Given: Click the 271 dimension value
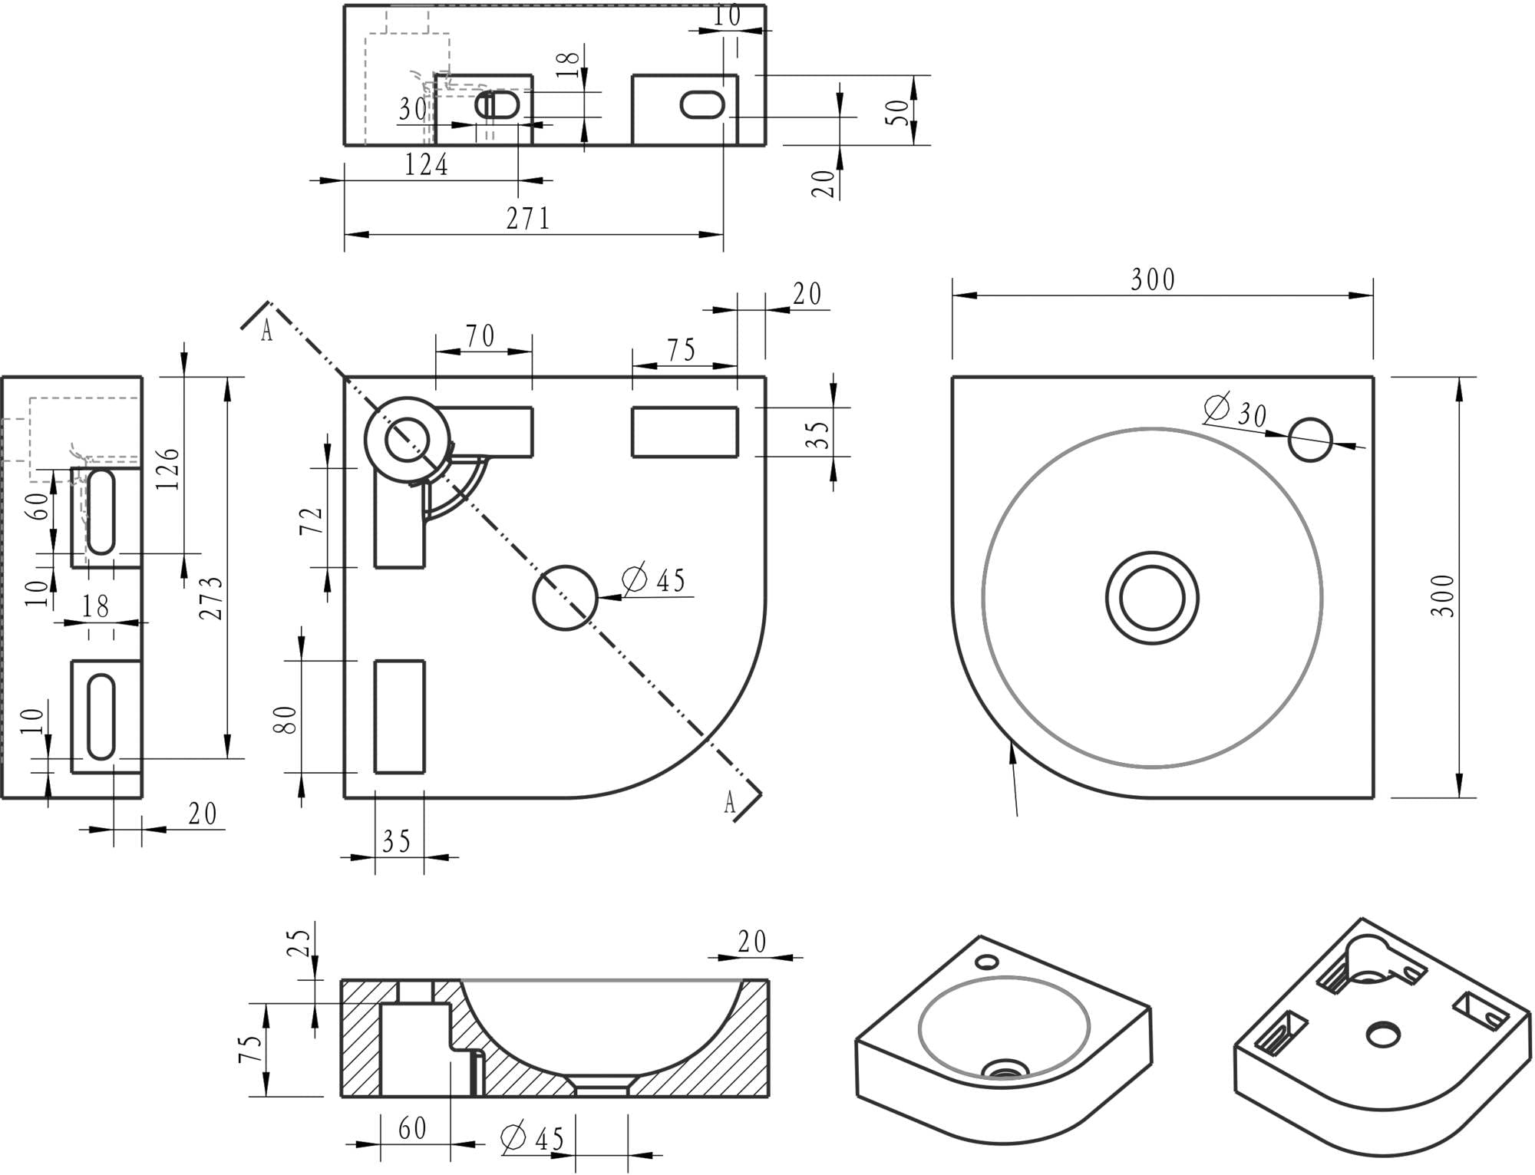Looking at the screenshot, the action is [x=528, y=219].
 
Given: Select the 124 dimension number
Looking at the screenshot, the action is [x=426, y=165].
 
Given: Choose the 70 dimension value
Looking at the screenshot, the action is [x=480, y=337].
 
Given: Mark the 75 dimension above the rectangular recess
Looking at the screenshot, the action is [x=681, y=350].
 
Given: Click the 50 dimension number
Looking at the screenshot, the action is [x=899, y=112].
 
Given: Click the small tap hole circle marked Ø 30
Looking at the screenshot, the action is [x=1310, y=440].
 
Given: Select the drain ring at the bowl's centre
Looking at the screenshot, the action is [x=1153, y=598].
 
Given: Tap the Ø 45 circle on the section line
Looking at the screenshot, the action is [x=565, y=598].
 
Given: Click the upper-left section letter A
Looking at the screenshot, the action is [x=266, y=332].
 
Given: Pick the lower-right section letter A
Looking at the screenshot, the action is [x=730, y=803].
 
